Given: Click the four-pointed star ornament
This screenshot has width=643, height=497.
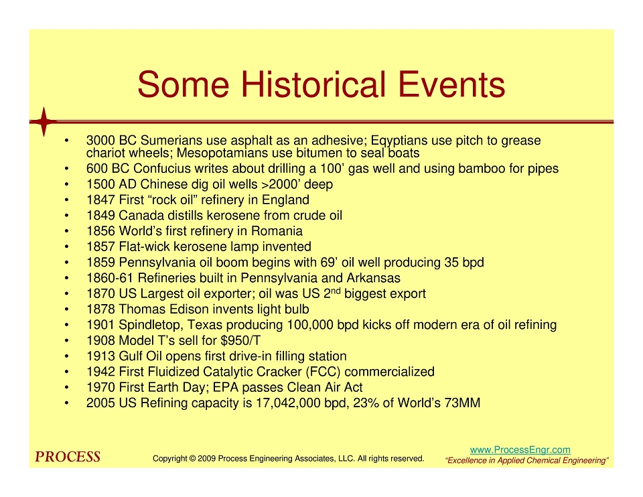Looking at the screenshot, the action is coord(44,122).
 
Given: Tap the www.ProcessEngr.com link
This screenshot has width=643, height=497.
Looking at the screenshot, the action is coord(520,450).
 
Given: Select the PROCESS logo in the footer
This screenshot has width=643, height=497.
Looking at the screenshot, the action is coord(68,457).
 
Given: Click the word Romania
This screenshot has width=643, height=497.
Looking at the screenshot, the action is coord(277,231).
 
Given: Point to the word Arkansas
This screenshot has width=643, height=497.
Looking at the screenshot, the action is coord(374,278).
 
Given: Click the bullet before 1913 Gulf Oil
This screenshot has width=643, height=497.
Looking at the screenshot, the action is coord(66,356).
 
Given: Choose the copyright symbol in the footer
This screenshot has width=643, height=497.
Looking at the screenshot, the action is coord(192,458).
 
